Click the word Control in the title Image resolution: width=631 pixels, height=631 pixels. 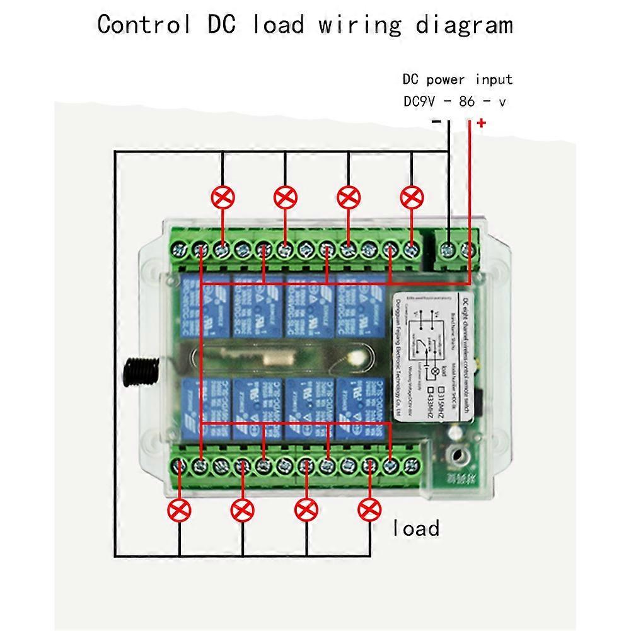[144, 25]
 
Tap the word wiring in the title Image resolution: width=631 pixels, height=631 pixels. [359, 25]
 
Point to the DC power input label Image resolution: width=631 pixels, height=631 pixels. [457, 79]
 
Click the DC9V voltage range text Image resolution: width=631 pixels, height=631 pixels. [454, 101]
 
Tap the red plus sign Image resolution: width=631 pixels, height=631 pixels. [482, 122]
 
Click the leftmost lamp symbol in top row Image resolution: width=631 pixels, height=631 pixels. [222, 198]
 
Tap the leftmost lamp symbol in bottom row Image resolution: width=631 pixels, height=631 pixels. [180, 509]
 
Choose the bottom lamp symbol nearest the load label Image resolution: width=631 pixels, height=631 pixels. [369, 509]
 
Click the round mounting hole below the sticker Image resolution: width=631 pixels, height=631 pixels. [456, 452]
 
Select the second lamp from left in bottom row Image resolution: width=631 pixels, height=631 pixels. [243, 509]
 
